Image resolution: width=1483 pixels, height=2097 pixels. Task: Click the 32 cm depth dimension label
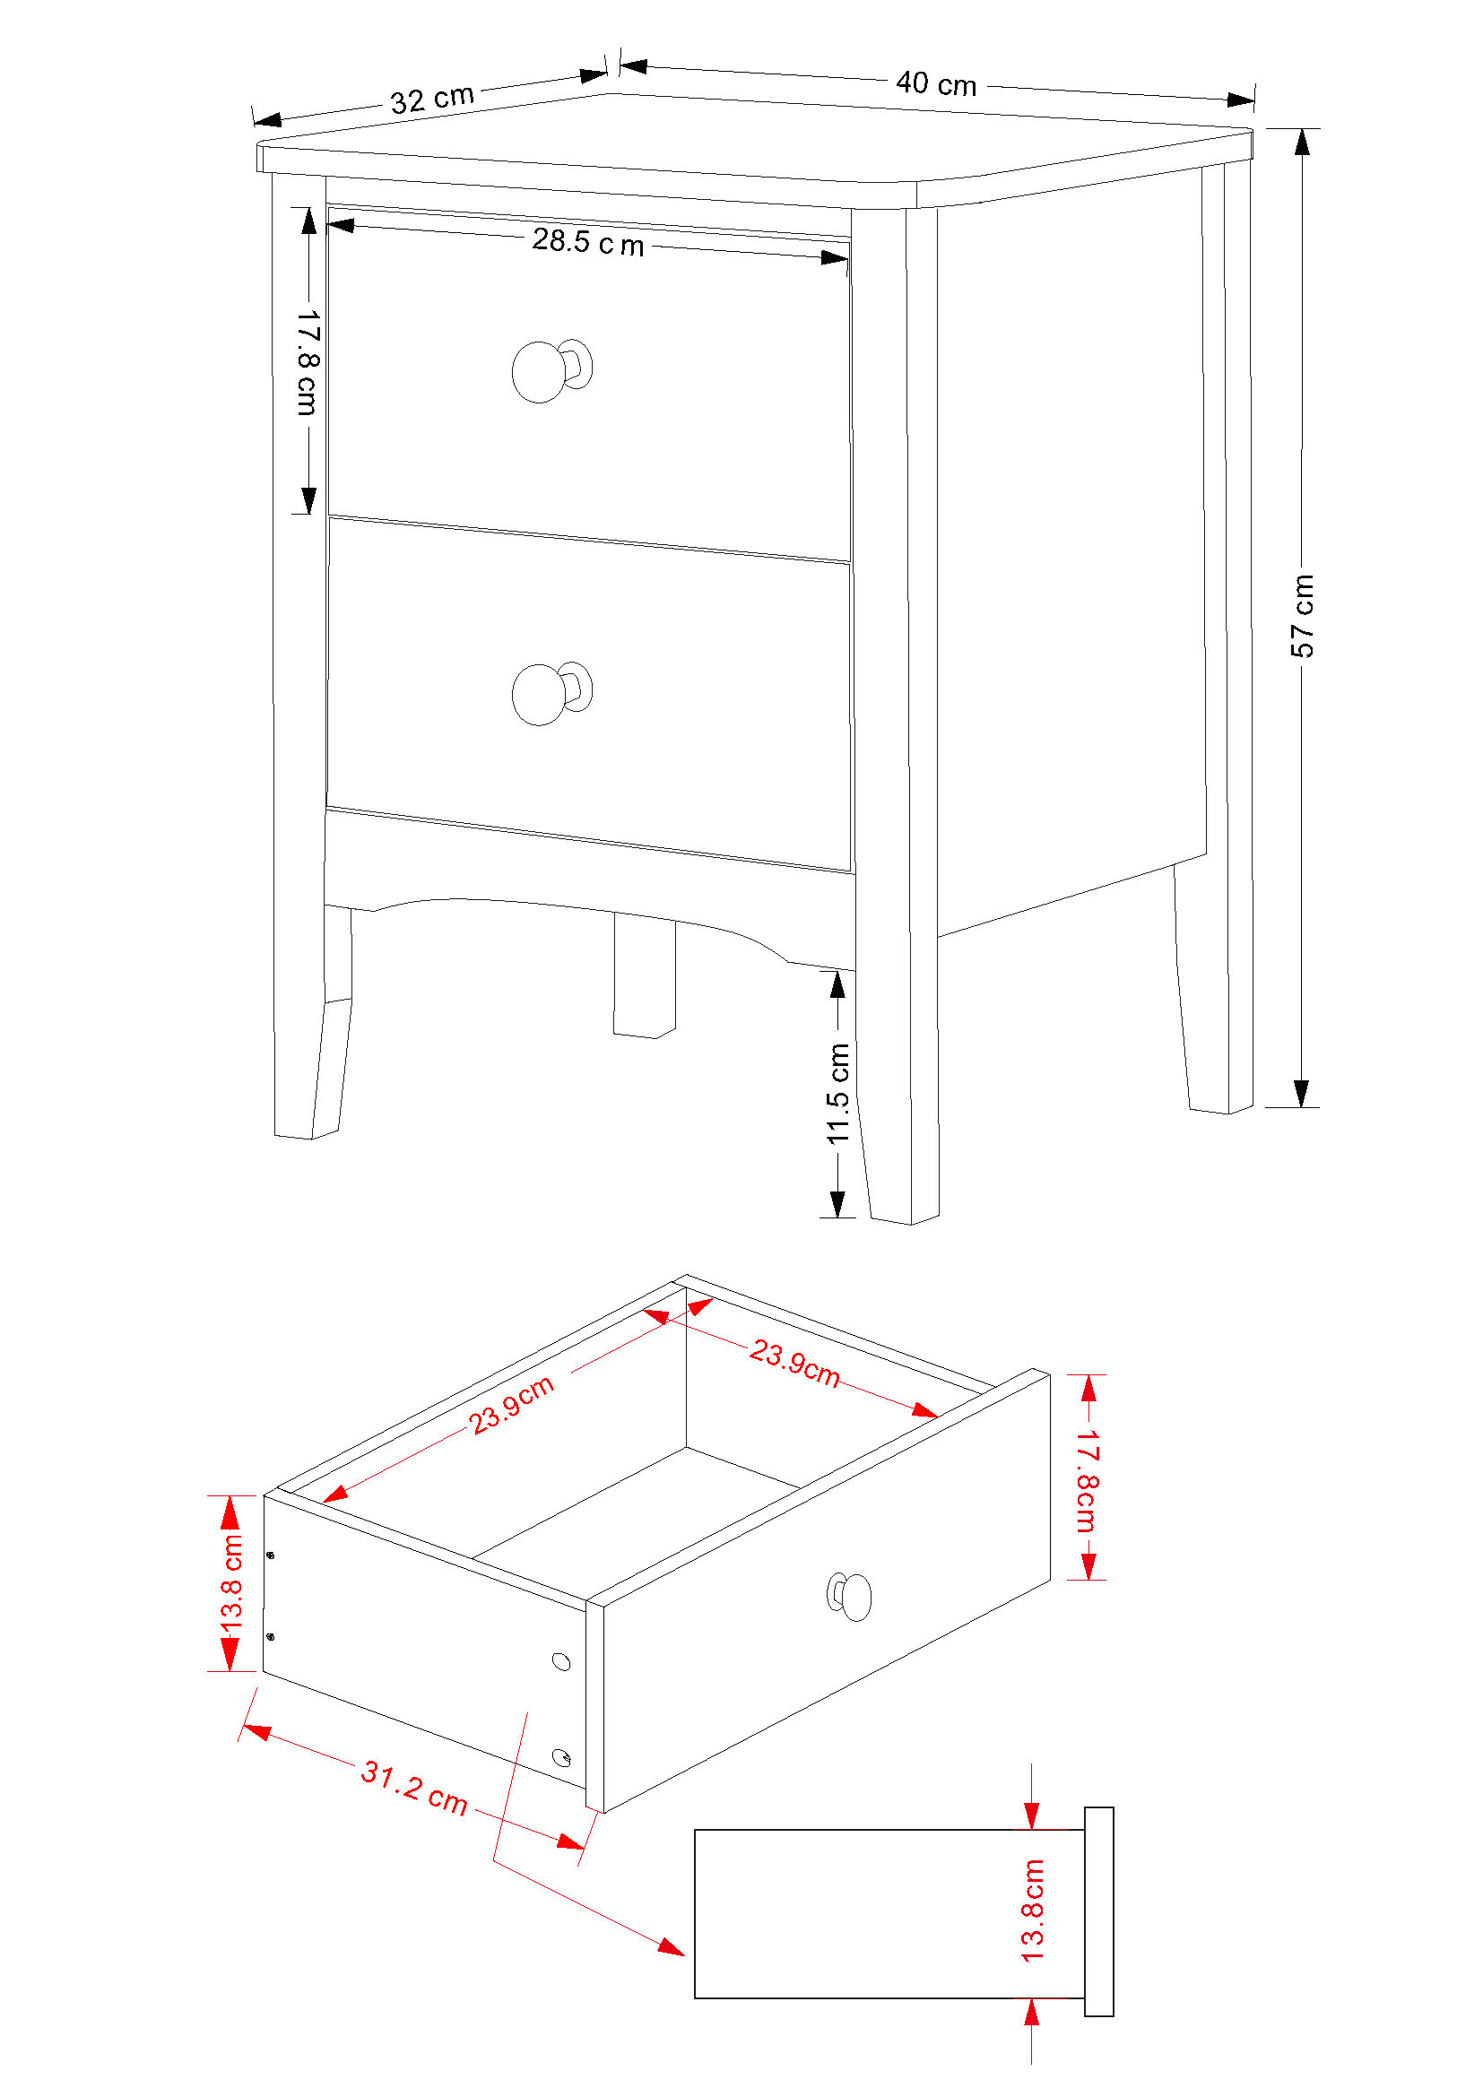(432, 99)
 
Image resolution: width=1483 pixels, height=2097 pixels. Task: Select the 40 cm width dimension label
(936, 84)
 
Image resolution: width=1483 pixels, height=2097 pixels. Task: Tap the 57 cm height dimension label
(1302, 616)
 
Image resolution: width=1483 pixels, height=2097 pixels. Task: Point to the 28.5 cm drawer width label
(588, 242)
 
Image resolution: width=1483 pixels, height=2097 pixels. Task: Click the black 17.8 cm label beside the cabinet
(308, 361)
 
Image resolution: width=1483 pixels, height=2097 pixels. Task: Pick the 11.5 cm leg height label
(837, 1093)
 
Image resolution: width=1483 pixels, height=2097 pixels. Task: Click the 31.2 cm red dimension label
(414, 1788)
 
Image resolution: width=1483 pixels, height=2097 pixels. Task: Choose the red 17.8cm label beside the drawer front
(1086, 1480)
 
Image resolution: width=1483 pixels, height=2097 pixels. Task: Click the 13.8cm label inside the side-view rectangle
(1032, 1911)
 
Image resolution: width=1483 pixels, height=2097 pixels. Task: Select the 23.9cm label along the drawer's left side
(511, 1405)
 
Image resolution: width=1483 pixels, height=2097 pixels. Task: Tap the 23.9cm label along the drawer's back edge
(794, 1363)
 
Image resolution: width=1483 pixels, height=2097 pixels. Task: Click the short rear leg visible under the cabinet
(645, 975)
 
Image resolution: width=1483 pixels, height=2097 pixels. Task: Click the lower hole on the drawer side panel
(561, 1757)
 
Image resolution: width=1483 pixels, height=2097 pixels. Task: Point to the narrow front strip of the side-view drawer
(1098, 1911)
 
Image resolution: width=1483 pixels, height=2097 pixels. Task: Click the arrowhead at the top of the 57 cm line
(1302, 142)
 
